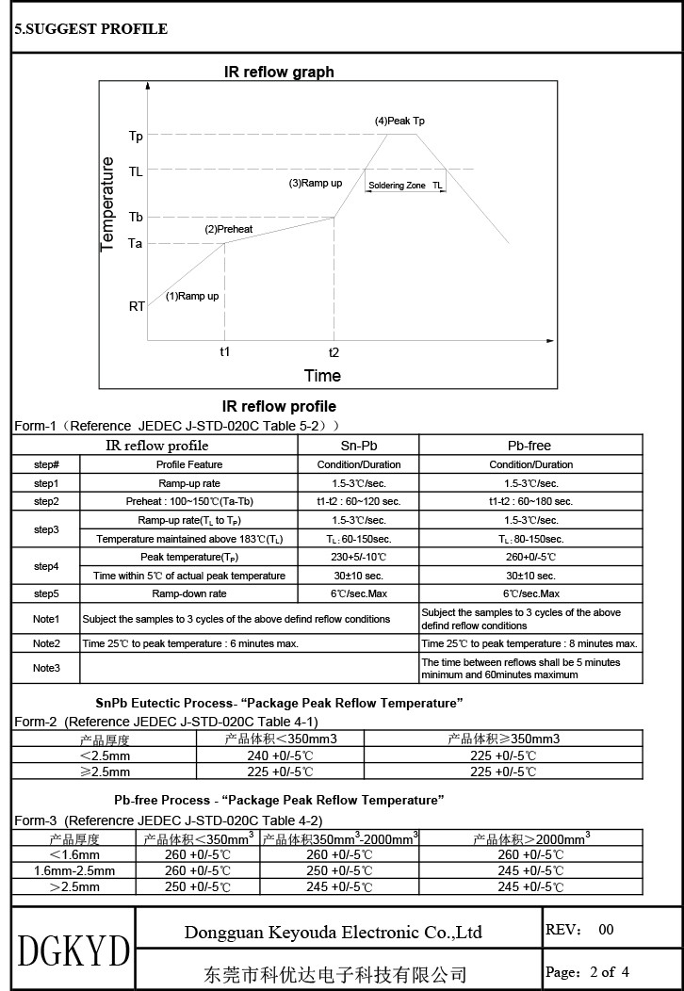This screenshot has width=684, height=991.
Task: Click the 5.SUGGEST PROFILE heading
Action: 90,29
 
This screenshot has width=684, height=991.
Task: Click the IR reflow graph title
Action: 279,72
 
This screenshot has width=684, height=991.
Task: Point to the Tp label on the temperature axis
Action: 137,137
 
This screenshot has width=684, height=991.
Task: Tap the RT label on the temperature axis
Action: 138,306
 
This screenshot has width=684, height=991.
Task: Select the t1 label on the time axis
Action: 224,351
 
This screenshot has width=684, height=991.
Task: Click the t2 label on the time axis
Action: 334,351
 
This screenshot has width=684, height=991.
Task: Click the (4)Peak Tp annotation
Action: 399,121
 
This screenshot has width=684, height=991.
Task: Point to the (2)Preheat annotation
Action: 229,229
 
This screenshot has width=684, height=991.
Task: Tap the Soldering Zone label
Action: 398,186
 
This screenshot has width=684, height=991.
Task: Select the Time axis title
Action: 322,376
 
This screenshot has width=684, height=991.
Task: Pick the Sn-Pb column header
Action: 358,445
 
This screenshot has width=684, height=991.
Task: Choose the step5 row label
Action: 46,593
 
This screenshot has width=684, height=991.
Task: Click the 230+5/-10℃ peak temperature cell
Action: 358,557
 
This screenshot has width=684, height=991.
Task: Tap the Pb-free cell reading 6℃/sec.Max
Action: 530,593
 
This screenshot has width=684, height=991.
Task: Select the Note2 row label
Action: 46,643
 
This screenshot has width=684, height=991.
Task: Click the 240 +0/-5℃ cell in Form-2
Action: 280,755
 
